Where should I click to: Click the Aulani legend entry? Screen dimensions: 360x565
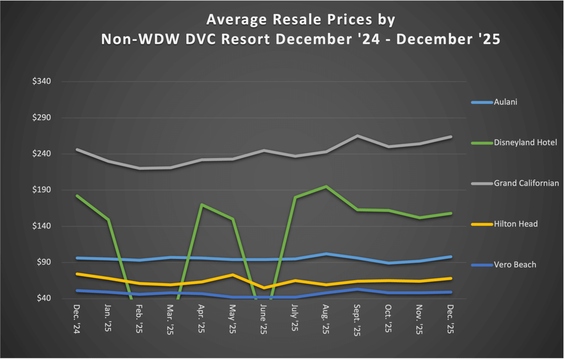[x=505, y=102]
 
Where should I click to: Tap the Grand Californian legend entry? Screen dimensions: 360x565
[x=526, y=183]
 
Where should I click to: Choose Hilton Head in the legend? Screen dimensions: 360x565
[x=515, y=224]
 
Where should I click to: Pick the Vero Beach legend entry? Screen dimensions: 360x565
[x=515, y=264]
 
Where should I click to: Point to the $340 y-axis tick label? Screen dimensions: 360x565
[x=41, y=82]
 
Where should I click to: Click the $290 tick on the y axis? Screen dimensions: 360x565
[x=41, y=118]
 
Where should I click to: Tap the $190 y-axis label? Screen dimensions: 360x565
[x=41, y=190]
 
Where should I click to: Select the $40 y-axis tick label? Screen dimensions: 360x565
[x=43, y=298]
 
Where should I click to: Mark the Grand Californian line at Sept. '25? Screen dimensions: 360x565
[x=358, y=136]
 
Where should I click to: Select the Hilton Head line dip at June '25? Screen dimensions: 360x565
[x=264, y=288]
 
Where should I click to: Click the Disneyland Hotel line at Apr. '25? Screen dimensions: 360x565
[x=202, y=205]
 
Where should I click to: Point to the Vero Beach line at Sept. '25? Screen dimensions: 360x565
[x=358, y=289]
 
